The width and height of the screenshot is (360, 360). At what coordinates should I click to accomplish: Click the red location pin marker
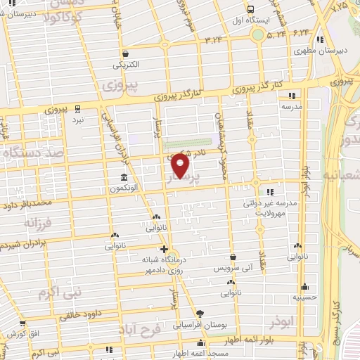coord(181,165)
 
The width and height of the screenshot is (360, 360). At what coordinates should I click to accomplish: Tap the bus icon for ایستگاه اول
coord(251,9)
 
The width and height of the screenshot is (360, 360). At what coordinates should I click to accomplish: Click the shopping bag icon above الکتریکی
coord(124,53)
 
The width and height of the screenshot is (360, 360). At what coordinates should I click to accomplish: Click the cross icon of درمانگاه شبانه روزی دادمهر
coord(164,249)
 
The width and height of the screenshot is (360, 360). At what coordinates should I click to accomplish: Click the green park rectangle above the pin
coord(190,145)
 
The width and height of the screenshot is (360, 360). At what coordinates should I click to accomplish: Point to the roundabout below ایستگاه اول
coord(258,34)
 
